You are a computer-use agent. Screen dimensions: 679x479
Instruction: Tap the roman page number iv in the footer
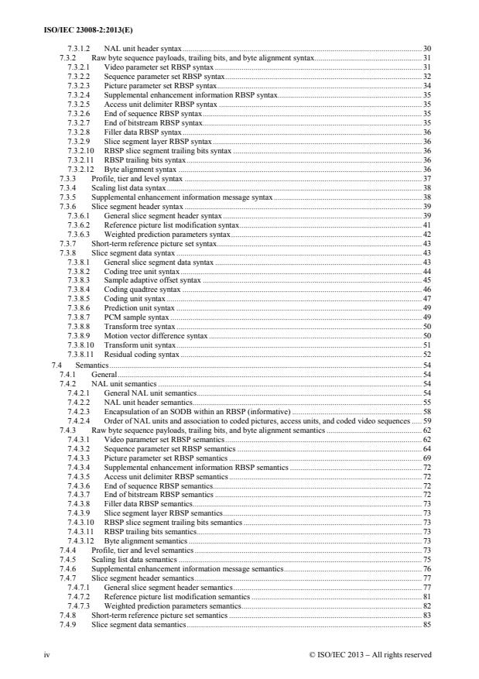(x=50, y=654)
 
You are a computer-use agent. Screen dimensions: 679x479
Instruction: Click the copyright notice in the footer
(x=369, y=654)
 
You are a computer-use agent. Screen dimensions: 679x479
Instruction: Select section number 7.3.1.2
(x=80, y=48)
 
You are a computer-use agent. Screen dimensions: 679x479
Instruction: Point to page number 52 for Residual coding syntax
(x=426, y=354)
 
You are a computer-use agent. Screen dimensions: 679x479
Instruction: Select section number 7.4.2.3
(x=80, y=411)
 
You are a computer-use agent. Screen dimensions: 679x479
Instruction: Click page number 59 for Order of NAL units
(x=426, y=420)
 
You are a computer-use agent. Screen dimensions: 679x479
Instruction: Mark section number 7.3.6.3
(x=80, y=233)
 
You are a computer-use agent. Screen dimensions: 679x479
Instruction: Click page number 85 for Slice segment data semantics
(x=426, y=624)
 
